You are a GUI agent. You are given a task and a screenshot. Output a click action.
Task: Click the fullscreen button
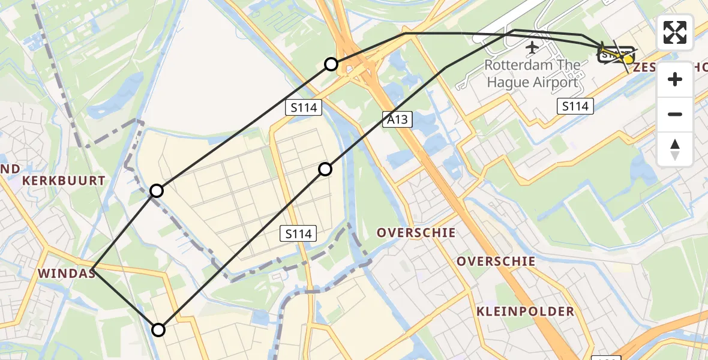point(675,32)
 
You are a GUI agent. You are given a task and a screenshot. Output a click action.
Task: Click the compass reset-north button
point(675,149)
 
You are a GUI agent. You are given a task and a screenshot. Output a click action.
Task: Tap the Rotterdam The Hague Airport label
point(532,73)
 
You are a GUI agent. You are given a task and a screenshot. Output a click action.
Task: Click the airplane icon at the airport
point(532,46)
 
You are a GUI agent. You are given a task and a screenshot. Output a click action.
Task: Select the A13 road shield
point(397,119)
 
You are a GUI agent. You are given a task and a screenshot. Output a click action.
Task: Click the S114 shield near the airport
point(575,107)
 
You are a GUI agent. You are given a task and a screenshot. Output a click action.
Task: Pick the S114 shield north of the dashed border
point(298,233)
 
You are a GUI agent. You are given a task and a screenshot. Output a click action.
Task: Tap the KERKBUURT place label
point(64,180)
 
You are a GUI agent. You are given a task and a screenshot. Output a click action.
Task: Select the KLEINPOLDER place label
point(526,311)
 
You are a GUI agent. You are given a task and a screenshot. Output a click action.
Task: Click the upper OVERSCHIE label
point(416,232)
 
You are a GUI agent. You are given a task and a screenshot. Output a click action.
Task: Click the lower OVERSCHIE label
point(496,261)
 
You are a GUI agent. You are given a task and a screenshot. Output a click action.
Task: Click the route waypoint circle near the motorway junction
point(331,64)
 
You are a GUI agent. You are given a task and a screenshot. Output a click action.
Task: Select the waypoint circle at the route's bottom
point(158,330)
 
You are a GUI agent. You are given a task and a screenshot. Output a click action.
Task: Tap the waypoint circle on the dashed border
point(157,191)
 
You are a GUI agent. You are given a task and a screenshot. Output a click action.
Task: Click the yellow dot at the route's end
point(628,59)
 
